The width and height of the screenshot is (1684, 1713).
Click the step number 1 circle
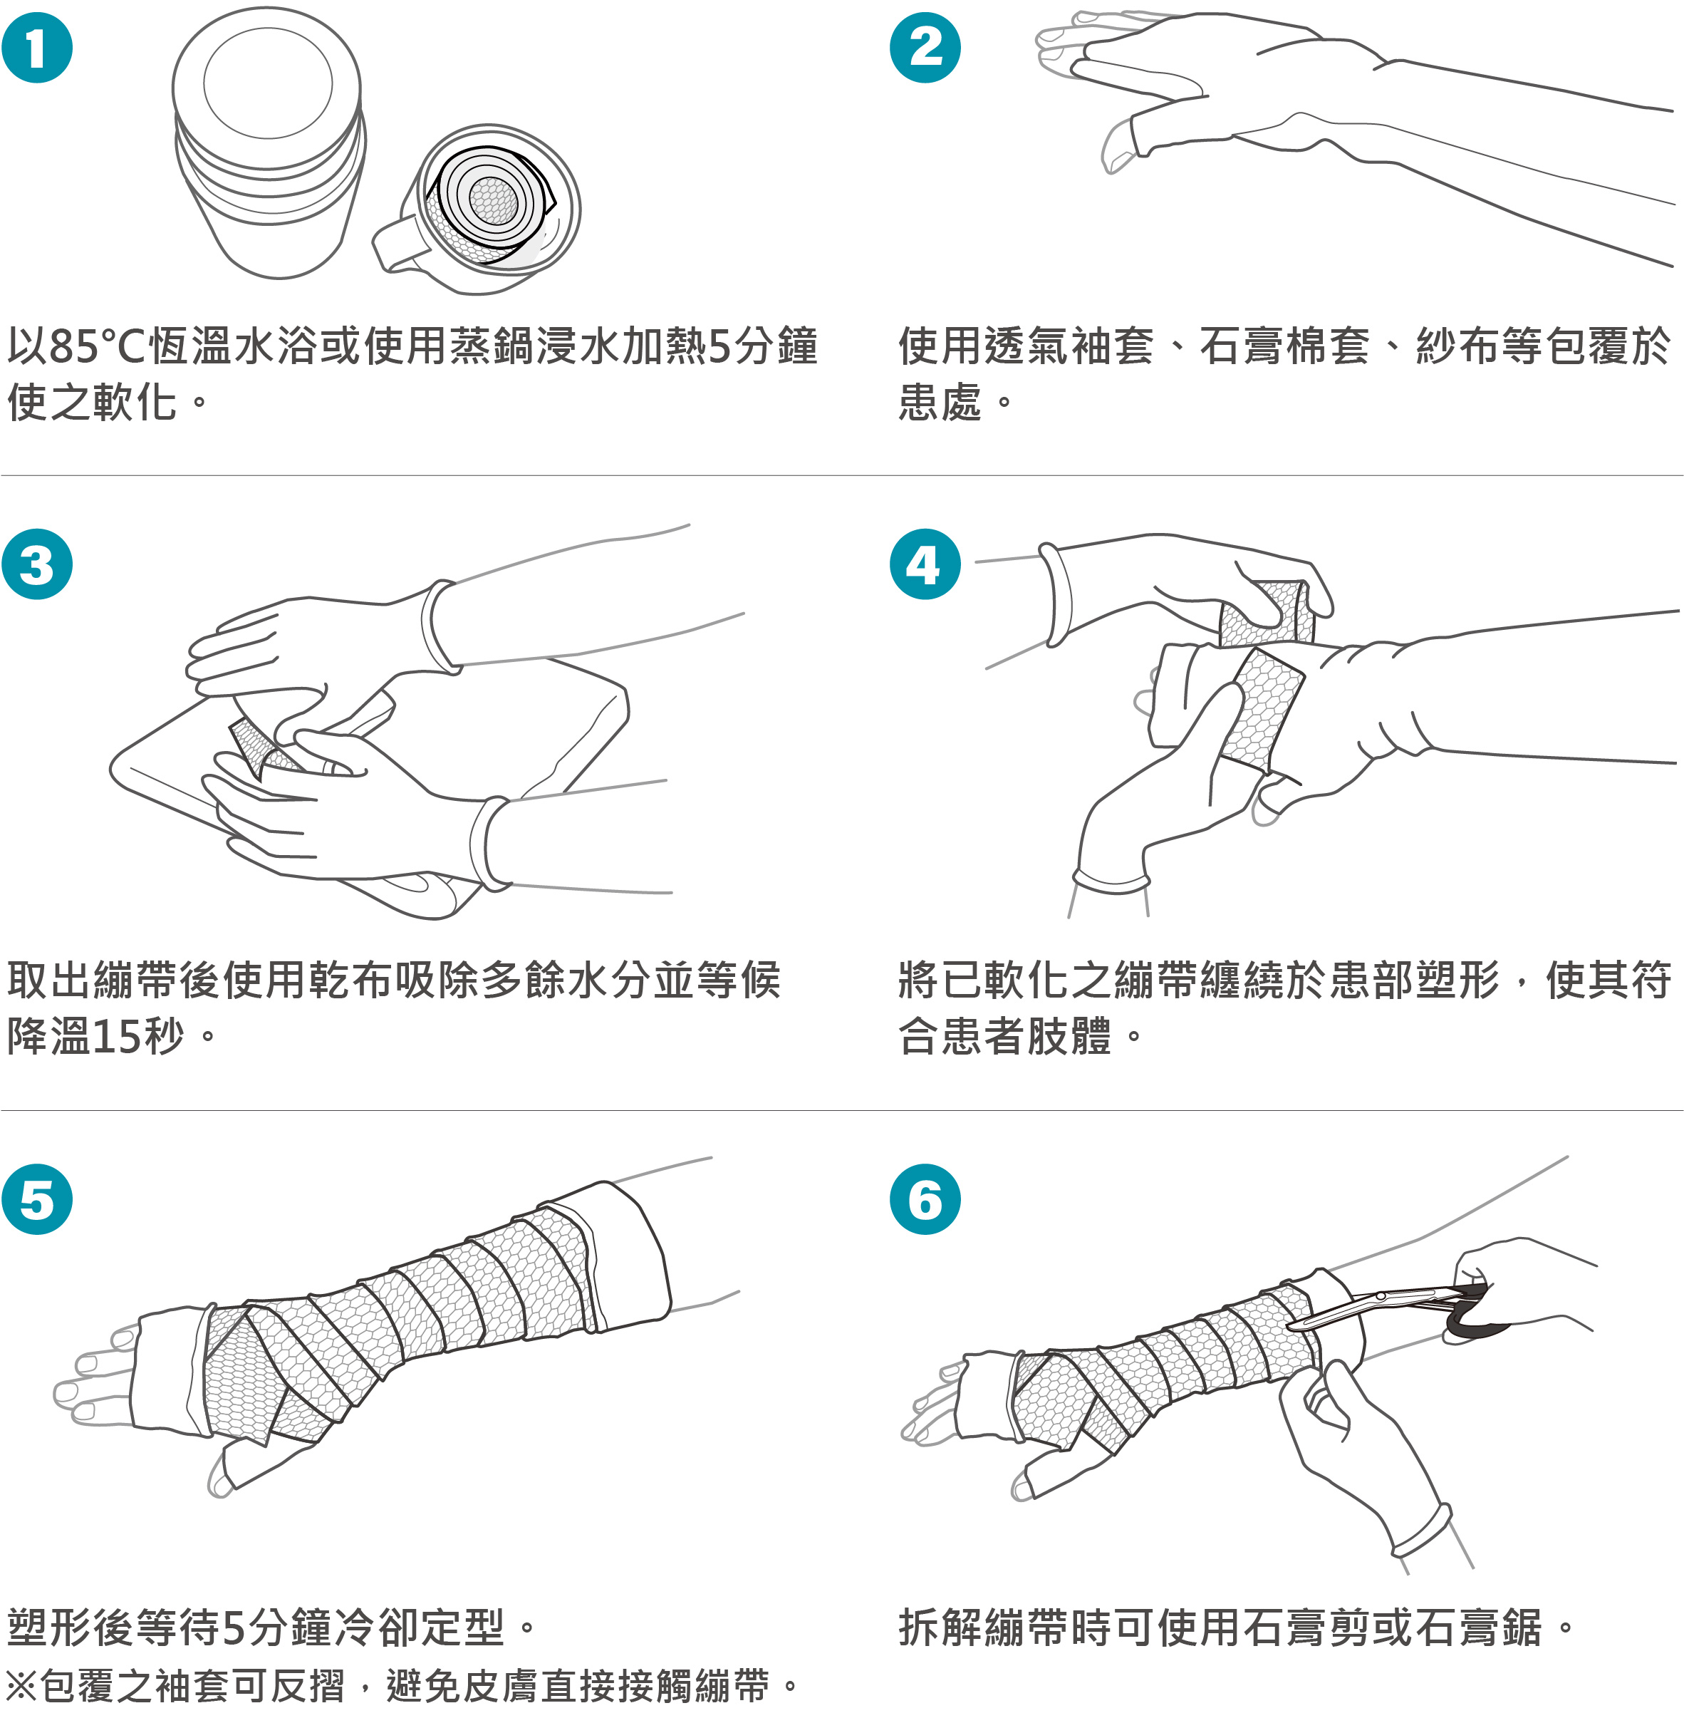click(37, 48)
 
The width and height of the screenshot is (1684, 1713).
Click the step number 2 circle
click(925, 48)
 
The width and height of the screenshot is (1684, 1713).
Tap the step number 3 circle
click(37, 564)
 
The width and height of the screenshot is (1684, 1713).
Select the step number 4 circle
click(925, 564)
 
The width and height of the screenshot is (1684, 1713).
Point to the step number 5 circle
click(37, 1200)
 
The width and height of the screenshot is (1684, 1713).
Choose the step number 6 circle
click(925, 1200)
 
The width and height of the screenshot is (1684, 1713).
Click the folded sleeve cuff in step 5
click(619, 1256)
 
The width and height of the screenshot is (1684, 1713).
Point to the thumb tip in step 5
click(219, 1478)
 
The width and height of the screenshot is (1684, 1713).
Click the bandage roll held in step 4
click(1267, 612)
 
